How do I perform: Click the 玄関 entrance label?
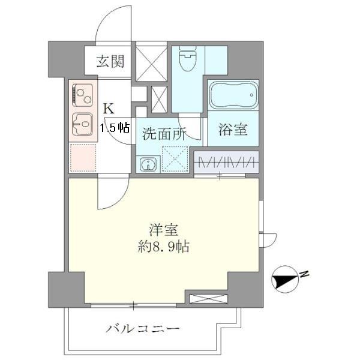pyautogui.click(x=112, y=60)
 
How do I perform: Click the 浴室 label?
pyautogui.click(x=233, y=129)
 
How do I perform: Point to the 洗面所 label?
pyautogui.click(x=164, y=133)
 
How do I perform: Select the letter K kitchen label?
pyautogui.click(x=109, y=109)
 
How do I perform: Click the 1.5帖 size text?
pyautogui.click(x=115, y=127)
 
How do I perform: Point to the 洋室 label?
pyautogui.click(x=163, y=230)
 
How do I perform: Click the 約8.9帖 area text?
pyautogui.click(x=163, y=246)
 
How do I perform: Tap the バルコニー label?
pyautogui.click(x=143, y=329)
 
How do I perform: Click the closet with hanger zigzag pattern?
pyautogui.click(x=227, y=161)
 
